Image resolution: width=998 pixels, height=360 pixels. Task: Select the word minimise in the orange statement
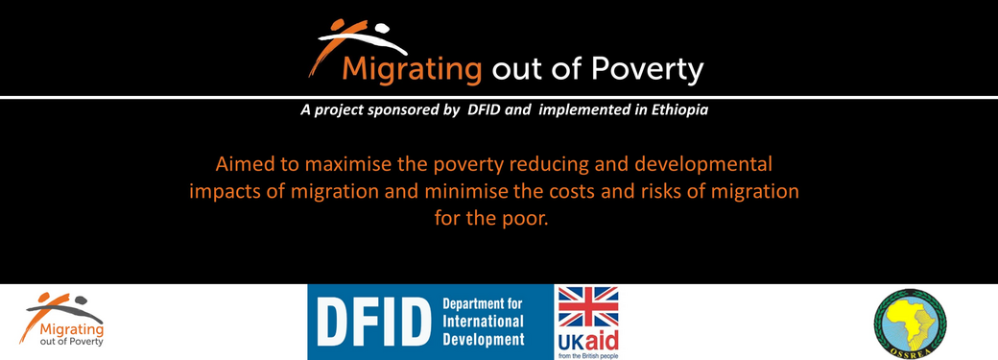pyautogui.click(x=470, y=192)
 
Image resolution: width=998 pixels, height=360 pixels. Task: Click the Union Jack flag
pyautogui.click(x=588, y=306)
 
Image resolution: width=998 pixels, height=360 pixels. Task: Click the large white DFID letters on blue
pyautogui.click(x=369, y=323)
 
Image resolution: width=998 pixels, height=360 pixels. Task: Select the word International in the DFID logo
pyautogui.click(x=483, y=322)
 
